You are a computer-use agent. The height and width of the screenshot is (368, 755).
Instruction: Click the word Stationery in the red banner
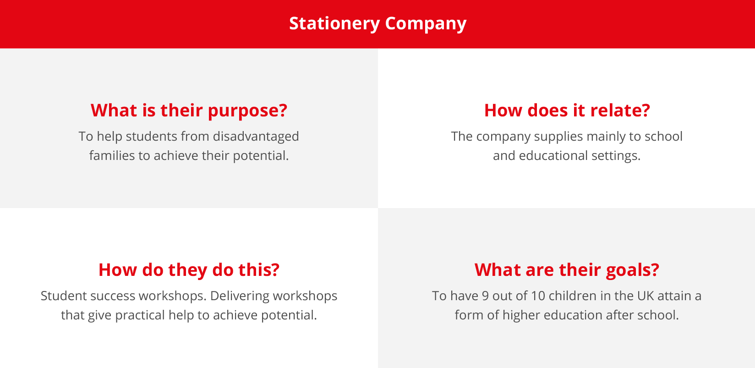click(x=335, y=24)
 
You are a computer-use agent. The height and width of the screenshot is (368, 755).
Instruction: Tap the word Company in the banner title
click(x=426, y=24)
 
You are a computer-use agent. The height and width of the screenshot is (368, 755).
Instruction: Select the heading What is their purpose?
click(x=189, y=110)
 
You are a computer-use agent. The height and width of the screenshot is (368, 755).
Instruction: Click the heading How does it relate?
click(x=567, y=110)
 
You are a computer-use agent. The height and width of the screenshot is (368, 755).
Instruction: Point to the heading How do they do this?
click(x=189, y=270)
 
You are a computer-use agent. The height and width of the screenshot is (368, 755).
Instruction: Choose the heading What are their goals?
click(x=567, y=270)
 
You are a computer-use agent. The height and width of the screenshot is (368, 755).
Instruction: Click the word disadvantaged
click(x=256, y=137)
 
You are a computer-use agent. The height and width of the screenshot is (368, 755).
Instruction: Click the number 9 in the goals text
click(x=485, y=296)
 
